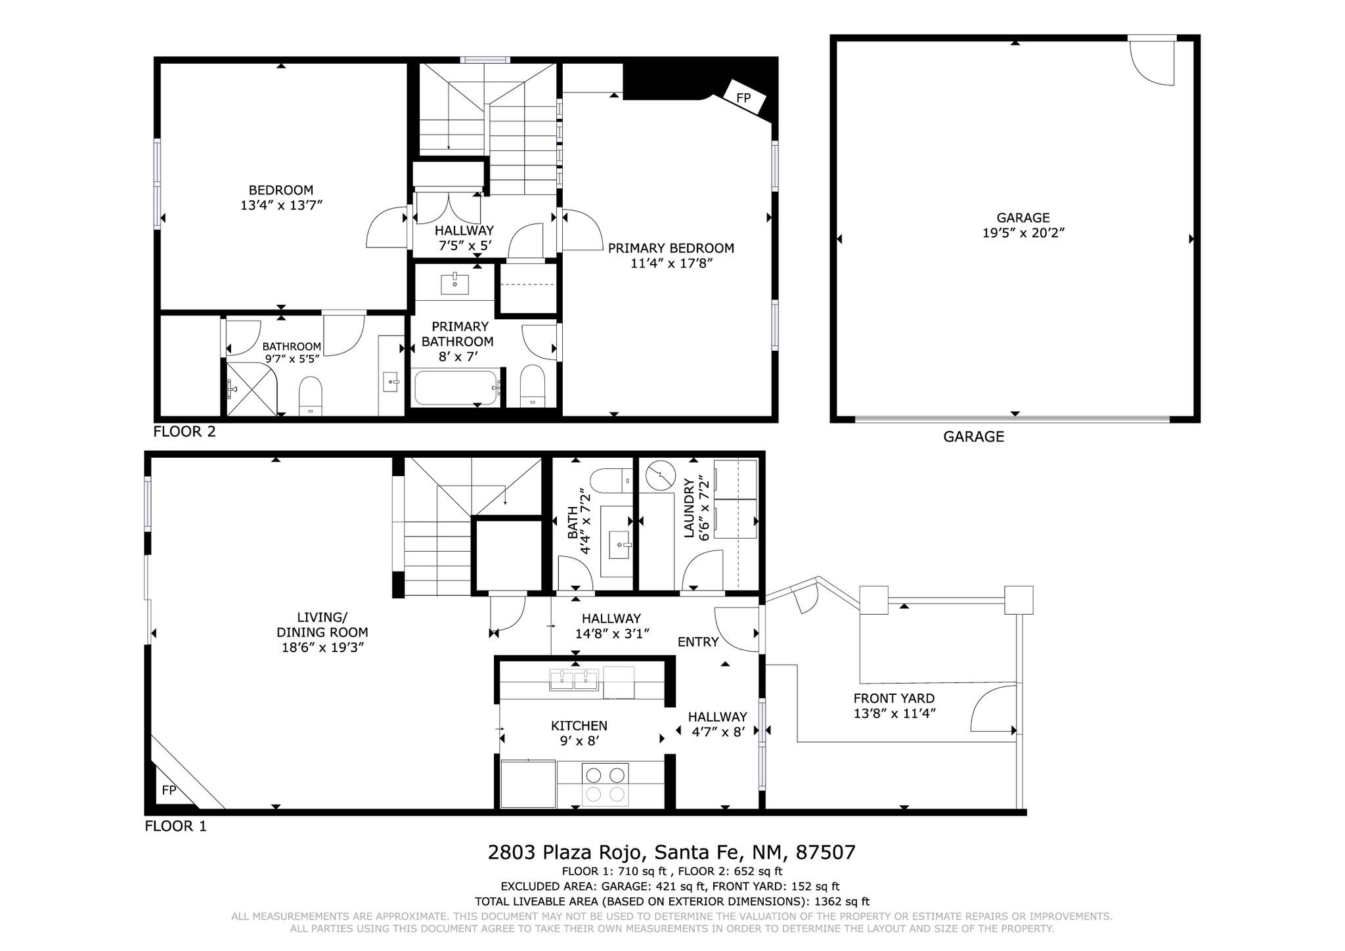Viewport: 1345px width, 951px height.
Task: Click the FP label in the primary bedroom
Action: coord(743,98)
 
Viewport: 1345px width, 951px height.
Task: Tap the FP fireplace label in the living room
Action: coord(169,790)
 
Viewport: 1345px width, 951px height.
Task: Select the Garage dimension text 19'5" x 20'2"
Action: coord(1023,232)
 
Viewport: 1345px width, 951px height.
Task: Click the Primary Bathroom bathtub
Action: coord(456,388)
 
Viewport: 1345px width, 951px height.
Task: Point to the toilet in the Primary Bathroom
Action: coord(533,385)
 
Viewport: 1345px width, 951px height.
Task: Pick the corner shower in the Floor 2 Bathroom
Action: coord(252,388)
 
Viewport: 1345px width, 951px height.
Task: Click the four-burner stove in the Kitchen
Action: coord(606,784)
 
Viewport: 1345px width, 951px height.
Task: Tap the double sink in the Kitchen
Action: coord(574,680)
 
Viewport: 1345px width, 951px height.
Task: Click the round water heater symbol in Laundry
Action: coord(660,475)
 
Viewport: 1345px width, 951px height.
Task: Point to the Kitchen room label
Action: coord(579,726)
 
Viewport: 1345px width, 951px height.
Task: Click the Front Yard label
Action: coord(894,698)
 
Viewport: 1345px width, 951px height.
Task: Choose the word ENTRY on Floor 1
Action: coord(698,642)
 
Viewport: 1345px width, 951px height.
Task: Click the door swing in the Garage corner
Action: coord(1151,63)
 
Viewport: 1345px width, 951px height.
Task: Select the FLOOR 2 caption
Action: coord(185,431)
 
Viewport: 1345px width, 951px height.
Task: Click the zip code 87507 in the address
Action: coord(826,852)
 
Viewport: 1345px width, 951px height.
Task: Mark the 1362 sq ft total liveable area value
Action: coord(842,902)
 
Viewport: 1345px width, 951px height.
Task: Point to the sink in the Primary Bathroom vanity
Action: coord(454,285)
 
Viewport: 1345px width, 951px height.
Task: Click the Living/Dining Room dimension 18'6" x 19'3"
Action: coord(322,648)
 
